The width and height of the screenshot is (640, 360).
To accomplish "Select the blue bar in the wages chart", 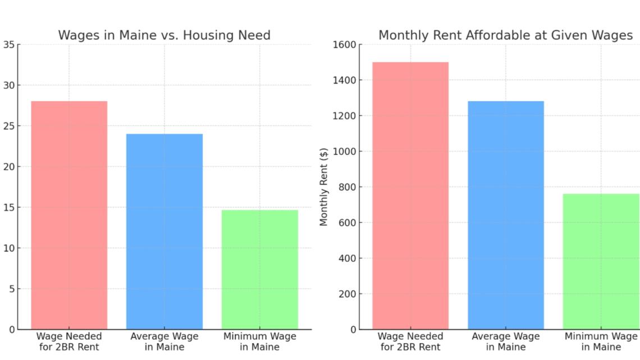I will tap(164, 231).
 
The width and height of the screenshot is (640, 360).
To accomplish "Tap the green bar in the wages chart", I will tap(260, 270).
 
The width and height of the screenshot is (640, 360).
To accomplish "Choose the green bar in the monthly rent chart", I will tap(601, 261).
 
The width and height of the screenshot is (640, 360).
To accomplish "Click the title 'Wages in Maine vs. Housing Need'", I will tap(164, 35).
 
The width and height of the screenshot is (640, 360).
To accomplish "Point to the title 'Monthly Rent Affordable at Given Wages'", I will tap(505, 35).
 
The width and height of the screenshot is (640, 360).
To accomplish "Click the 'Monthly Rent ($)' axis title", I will tap(324, 186).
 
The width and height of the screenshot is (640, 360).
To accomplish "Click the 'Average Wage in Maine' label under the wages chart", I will tap(164, 341).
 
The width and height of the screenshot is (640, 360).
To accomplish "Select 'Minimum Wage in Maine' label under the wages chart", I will tap(260, 341).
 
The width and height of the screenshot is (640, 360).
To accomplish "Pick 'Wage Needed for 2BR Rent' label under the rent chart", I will tap(410, 341).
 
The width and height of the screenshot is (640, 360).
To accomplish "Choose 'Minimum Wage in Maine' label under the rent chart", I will tap(601, 341).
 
